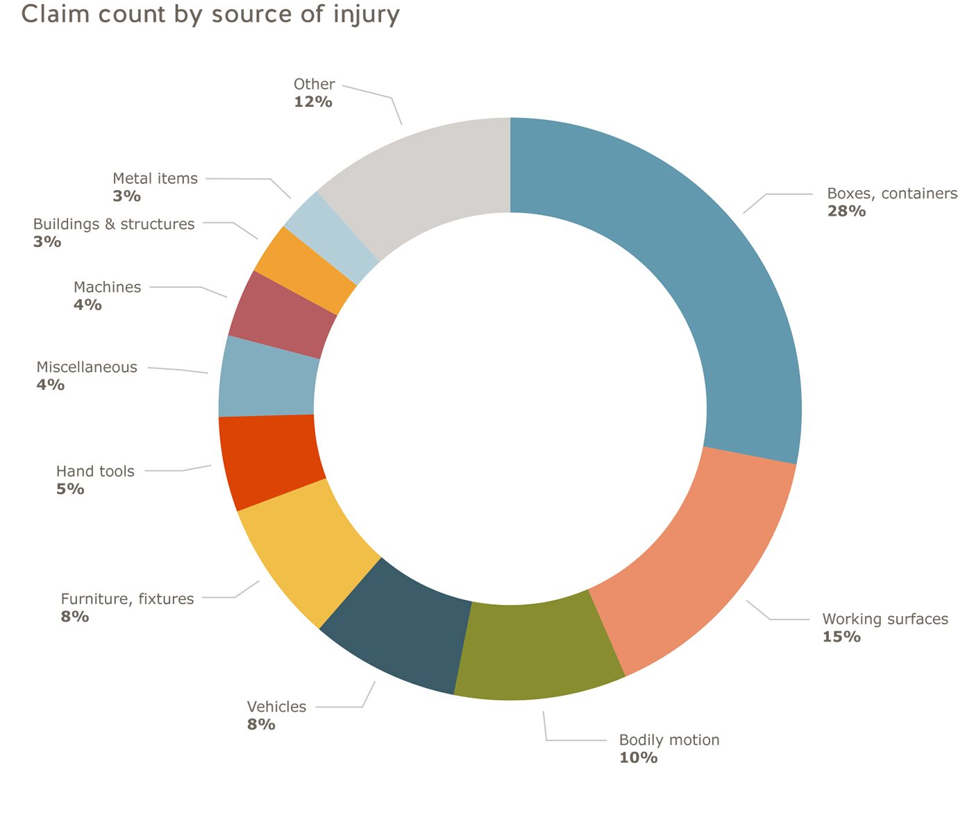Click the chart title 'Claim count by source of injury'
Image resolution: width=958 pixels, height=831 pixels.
pyautogui.click(x=210, y=14)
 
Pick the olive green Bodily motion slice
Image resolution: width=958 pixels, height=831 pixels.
pyautogui.click(x=538, y=649)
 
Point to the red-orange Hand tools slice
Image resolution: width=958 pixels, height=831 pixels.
pyautogui.click(x=271, y=458)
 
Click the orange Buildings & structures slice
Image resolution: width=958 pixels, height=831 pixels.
pyautogui.click(x=305, y=271)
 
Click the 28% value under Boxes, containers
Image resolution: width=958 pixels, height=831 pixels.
pyautogui.click(x=846, y=212)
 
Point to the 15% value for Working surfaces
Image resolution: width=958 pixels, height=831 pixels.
pyautogui.click(x=841, y=637)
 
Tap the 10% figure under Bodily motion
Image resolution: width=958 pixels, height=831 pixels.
pyautogui.click(x=638, y=757)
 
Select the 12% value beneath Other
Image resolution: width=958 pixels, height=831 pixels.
pyautogui.click(x=312, y=102)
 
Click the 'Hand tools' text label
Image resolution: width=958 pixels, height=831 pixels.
pyautogui.click(x=95, y=472)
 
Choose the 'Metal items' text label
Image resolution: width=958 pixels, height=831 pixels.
pyautogui.click(x=155, y=179)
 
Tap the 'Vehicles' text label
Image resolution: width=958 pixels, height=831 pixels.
pyautogui.click(x=276, y=707)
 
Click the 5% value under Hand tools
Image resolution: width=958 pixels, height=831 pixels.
pyautogui.click(x=70, y=489)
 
